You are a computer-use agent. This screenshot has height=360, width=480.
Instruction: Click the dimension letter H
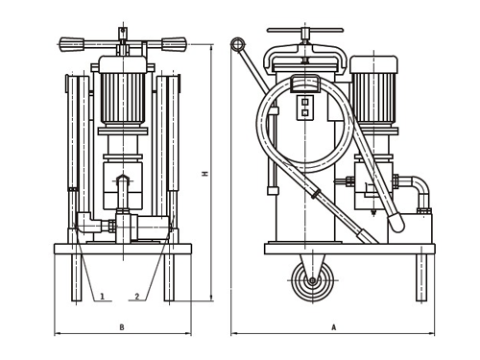click(x=205, y=174)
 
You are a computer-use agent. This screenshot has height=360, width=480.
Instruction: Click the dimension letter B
click(x=122, y=327)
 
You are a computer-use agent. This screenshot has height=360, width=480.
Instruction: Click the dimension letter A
click(x=334, y=327)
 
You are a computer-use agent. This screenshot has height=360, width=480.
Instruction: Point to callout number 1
click(x=103, y=297)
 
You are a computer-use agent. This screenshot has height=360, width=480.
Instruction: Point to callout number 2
click(x=137, y=297)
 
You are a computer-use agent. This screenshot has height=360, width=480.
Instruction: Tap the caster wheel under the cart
click(x=312, y=281)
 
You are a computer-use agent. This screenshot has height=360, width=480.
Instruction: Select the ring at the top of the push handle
click(x=237, y=44)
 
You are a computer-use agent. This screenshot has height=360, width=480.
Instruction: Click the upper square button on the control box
click(x=305, y=102)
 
